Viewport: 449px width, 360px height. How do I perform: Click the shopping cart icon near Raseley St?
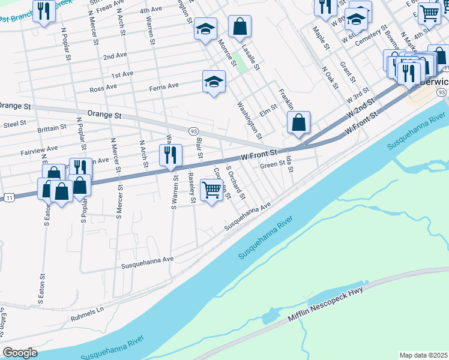click(x=211, y=190)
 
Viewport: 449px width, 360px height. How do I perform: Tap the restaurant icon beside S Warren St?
click(x=170, y=155)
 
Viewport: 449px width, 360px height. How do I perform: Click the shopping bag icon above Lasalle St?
click(x=240, y=26)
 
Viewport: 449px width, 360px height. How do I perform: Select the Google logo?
click(x=20, y=352)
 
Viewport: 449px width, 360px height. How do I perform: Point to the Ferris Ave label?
click(x=164, y=86)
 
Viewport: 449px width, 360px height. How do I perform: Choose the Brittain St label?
click(x=51, y=128)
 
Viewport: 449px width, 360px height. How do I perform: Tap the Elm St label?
click(x=268, y=107)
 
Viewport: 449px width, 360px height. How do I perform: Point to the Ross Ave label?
click(x=103, y=88)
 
